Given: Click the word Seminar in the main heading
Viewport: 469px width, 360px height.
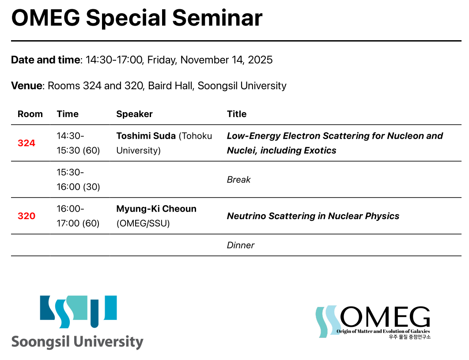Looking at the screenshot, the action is pyautogui.click(x=217, y=18).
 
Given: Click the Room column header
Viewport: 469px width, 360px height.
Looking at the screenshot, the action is pyautogui.click(x=30, y=114).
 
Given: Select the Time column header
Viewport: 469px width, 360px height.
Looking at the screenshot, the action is pyautogui.click(x=68, y=114).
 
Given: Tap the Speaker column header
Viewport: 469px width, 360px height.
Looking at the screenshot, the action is pyautogui.click(x=134, y=114).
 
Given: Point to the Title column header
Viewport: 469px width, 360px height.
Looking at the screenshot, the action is pyautogui.click(x=237, y=114).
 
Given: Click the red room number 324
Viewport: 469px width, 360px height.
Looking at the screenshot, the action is pyautogui.click(x=26, y=143).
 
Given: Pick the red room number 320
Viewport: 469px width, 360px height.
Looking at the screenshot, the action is pyautogui.click(x=26, y=216).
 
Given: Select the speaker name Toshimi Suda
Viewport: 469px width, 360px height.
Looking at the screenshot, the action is pyautogui.click(x=146, y=136).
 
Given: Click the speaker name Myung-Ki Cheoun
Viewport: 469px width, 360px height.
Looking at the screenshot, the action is pyautogui.click(x=156, y=208).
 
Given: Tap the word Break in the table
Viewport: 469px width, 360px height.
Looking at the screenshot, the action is pyautogui.click(x=238, y=179).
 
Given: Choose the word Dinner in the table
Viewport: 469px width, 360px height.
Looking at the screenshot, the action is pyautogui.click(x=241, y=246).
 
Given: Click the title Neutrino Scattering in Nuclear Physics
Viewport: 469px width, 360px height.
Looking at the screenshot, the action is pyautogui.click(x=313, y=216).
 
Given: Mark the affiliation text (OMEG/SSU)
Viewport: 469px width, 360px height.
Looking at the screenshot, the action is pyautogui.click(x=143, y=223).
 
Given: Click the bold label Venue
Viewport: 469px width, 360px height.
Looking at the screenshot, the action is pyautogui.click(x=26, y=86).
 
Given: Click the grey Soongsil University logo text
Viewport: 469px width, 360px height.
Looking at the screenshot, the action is pyautogui.click(x=77, y=342).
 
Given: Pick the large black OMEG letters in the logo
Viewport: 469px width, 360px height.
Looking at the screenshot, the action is pyautogui.click(x=385, y=317).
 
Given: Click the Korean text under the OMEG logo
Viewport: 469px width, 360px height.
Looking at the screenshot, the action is pyautogui.click(x=409, y=337).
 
